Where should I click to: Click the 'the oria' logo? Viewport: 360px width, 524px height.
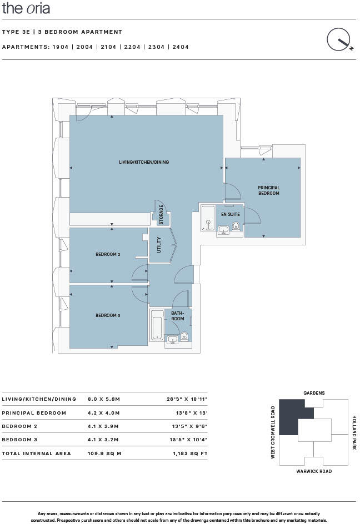(x=26, y=8)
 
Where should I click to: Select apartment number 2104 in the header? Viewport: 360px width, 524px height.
(x=108, y=47)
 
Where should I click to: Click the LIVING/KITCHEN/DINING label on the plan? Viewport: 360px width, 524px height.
(x=144, y=163)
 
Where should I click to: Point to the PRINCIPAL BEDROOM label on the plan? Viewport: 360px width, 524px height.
(x=268, y=190)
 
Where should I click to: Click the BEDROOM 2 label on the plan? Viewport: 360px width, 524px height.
(x=108, y=254)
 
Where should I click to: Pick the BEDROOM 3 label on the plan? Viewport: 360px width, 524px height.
(x=108, y=315)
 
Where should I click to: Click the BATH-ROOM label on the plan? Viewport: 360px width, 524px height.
(x=177, y=316)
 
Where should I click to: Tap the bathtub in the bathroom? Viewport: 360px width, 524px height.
(x=157, y=325)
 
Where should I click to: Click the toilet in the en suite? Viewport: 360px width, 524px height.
(x=236, y=226)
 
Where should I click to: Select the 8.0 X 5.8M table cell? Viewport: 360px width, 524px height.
(x=104, y=399)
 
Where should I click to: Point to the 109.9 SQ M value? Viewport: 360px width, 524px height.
(x=104, y=454)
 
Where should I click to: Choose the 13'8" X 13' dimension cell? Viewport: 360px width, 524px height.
(x=191, y=413)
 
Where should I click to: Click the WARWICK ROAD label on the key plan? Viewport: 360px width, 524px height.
(x=314, y=471)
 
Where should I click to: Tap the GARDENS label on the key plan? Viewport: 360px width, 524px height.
(x=314, y=393)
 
